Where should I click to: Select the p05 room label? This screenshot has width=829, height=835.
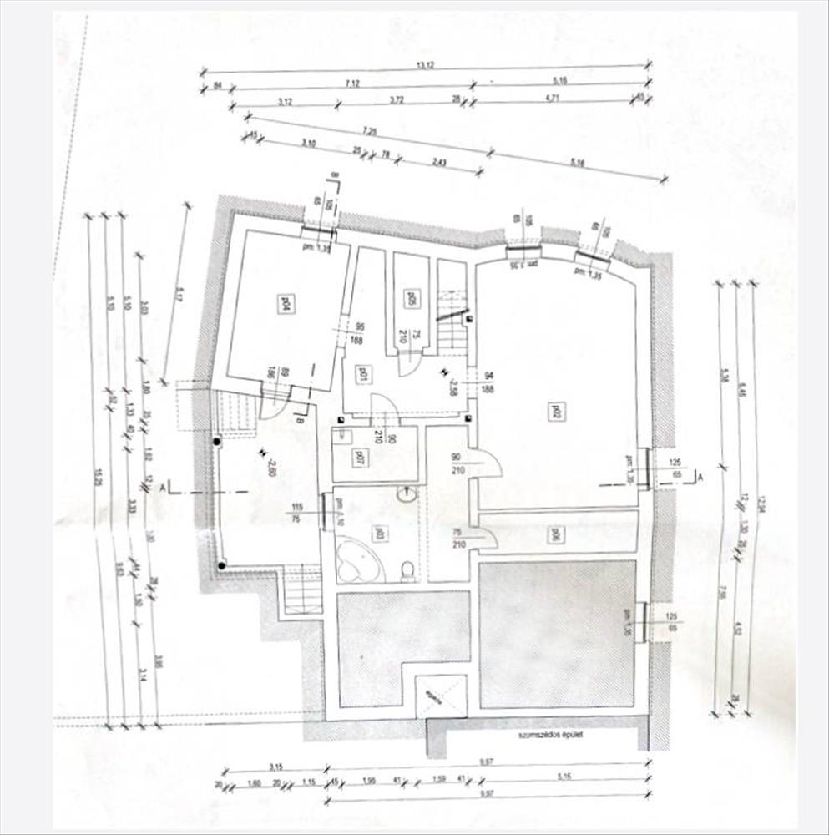[411, 298]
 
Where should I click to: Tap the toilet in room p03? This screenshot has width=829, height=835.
[407, 569]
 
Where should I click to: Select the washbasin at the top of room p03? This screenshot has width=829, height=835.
[407, 494]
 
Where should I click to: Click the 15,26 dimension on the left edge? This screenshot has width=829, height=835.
[99, 476]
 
